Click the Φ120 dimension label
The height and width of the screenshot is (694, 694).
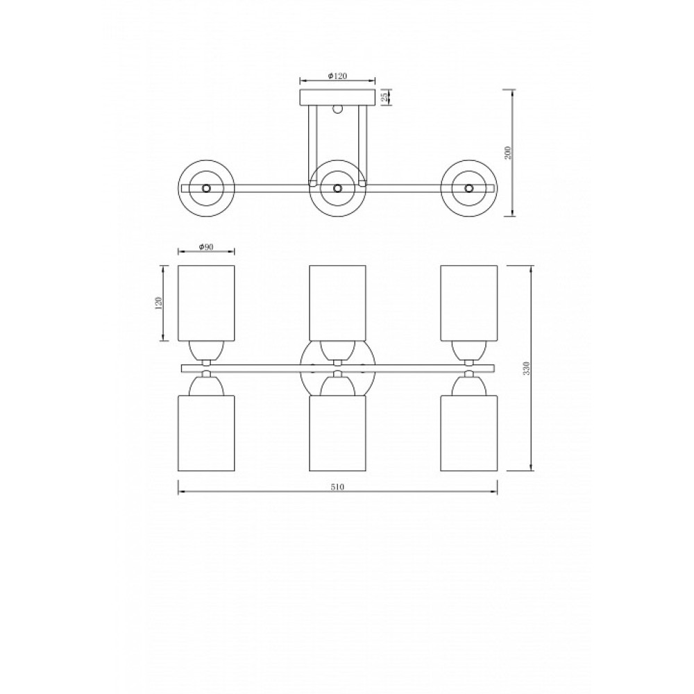(337, 76)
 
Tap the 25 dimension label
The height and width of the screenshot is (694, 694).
(384, 97)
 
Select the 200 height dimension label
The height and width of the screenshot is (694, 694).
(508, 153)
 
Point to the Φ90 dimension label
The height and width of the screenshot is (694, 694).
(206, 246)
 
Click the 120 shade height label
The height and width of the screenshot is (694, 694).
(160, 303)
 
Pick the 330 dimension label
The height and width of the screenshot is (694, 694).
(526, 368)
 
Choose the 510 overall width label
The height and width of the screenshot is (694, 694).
(337, 487)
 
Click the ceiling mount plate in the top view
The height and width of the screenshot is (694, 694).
(337, 98)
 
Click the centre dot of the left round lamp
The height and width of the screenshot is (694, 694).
(206, 188)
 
